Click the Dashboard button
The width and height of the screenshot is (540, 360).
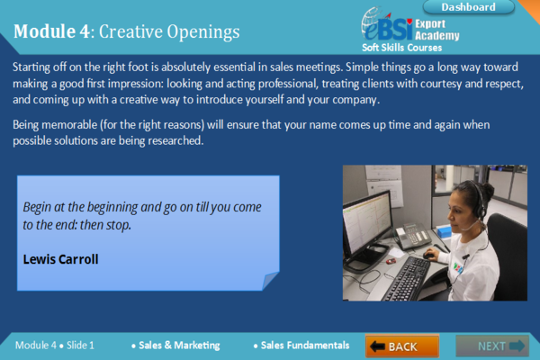point(468,7)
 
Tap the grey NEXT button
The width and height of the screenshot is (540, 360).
point(492,346)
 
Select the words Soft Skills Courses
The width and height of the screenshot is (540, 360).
point(402,48)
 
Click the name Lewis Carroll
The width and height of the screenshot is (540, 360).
point(60,259)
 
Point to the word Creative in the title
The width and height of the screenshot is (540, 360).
point(130,31)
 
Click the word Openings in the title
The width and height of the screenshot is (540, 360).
point(203,32)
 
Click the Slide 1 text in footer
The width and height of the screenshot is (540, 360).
point(80,346)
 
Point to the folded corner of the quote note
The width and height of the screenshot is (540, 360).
point(271,281)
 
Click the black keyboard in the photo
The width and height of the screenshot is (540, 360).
point(408,277)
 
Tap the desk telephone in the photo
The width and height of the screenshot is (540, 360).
point(413,236)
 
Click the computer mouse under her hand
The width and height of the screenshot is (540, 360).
point(428,256)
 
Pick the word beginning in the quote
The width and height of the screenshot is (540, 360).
point(112,207)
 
